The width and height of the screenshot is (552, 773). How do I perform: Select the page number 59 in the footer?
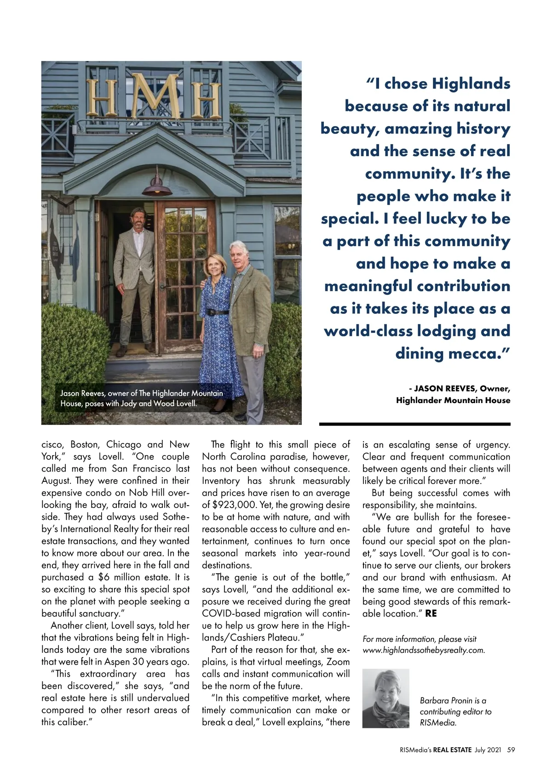pos(511,750)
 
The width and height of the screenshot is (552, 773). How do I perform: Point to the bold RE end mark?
pos(431,613)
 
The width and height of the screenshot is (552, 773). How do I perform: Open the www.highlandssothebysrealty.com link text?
pos(424,650)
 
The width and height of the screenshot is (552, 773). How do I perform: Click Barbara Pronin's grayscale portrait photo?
pos(385,698)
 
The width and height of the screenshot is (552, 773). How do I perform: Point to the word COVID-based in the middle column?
pos(229,613)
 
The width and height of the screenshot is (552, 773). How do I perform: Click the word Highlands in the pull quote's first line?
pos(471,84)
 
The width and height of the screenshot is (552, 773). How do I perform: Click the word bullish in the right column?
pos(429,517)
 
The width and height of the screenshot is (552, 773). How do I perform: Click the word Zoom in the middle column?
pos(338,662)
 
